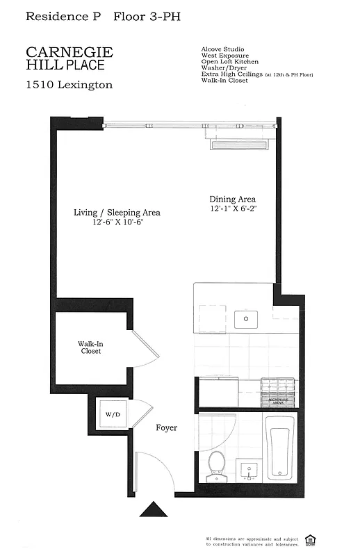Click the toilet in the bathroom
click(217, 464)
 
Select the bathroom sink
click(249, 471)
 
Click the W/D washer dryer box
click(113, 414)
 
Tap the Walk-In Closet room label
click(90, 347)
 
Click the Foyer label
click(166, 428)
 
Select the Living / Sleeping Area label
click(117, 213)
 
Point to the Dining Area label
click(232, 199)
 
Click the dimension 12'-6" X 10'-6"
click(117, 222)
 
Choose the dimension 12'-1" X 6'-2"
click(232, 209)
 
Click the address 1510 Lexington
click(69, 85)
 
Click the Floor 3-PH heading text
click(145, 16)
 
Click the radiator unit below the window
click(238, 145)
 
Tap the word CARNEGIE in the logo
click(69, 52)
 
